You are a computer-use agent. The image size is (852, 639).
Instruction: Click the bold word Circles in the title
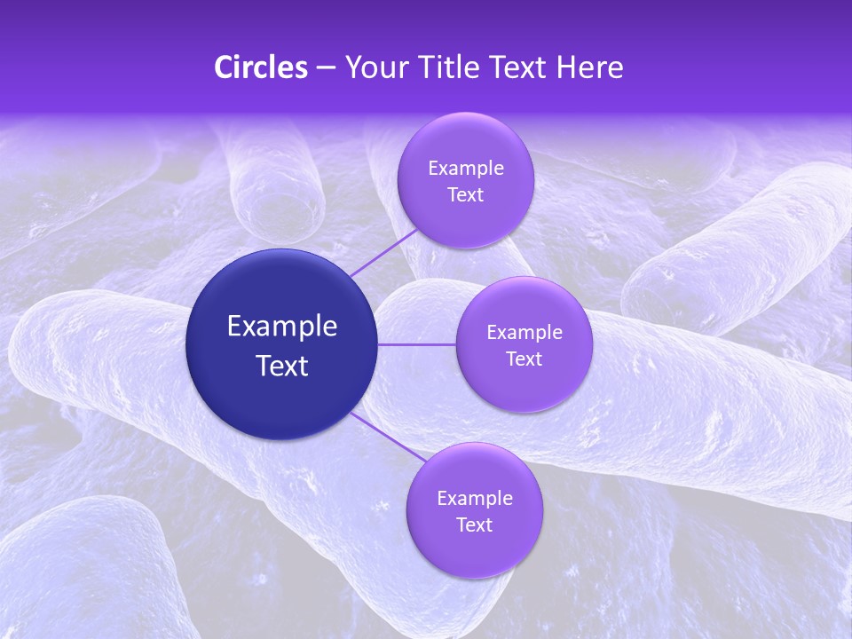pyautogui.click(x=261, y=67)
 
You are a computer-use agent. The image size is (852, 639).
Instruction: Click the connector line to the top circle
pyautogui.click(x=383, y=252)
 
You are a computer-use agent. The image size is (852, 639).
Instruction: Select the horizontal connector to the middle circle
pyautogui.click(x=417, y=344)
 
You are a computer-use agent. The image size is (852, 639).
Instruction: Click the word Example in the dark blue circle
pyautogui.click(x=282, y=327)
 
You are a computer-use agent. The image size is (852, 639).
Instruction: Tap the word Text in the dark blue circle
pyautogui.click(x=282, y=366)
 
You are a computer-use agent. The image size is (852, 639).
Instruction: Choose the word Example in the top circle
pyautogui.click(x=466, y=168)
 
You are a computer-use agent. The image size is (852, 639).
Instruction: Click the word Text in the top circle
pyautogui.click(x=465, y=195)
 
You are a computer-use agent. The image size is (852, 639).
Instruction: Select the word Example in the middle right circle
pyautogui.click(x=525, y=332)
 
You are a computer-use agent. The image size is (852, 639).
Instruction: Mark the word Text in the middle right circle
pyautogui.click(x=525, y=359)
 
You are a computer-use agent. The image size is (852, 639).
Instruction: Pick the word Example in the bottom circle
pyautogui.click(x=475, y=498)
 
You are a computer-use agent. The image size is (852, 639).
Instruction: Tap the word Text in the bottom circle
pyautogui.click(x=474, y=525)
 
